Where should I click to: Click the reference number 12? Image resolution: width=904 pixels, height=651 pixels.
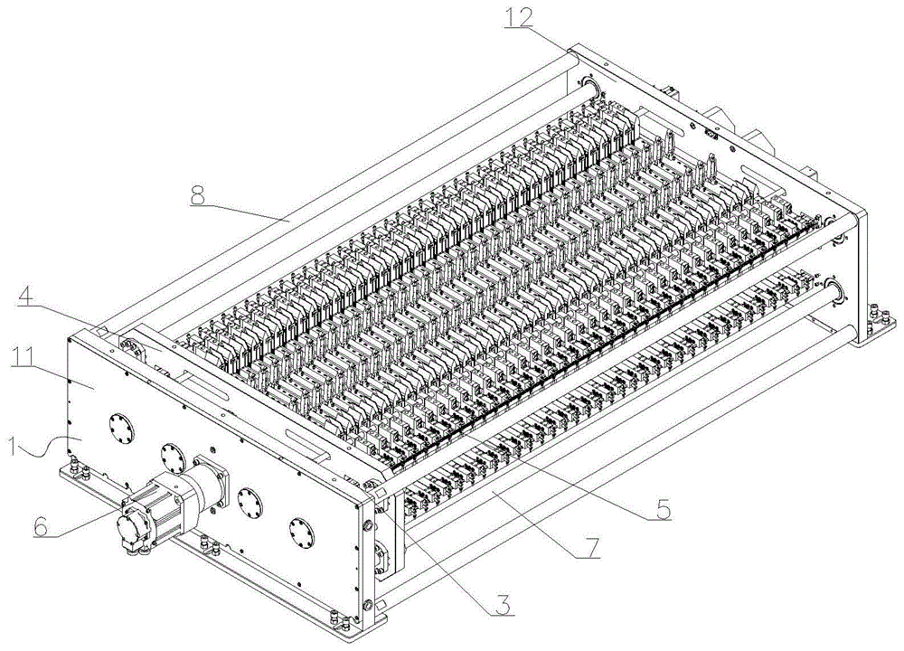pyautogui.click(x=518, y=18)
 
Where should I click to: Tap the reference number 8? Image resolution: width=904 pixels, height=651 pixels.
pyautogui.click(x=198, y=195)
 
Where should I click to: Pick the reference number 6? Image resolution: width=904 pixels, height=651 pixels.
pyautogui.click(x=41, y=526)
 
